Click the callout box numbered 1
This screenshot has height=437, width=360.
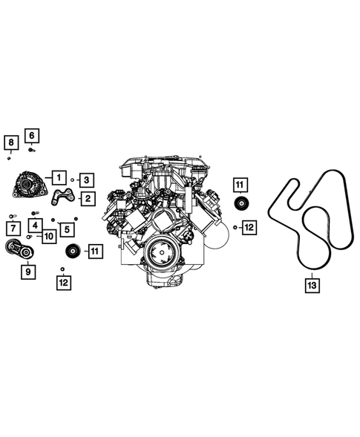pos(58,177)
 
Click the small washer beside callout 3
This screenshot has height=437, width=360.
pos(73,180)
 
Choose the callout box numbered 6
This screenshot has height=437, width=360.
pos(33,135)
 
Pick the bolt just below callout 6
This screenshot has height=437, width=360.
pos(32,149)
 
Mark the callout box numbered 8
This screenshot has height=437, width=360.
pos(10,142)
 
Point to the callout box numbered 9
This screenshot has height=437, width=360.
pos(27,272)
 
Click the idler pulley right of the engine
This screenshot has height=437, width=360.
pos(240,205)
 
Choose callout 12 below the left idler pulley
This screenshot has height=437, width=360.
pos(63,282)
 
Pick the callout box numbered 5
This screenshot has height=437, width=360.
pos(68,229)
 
